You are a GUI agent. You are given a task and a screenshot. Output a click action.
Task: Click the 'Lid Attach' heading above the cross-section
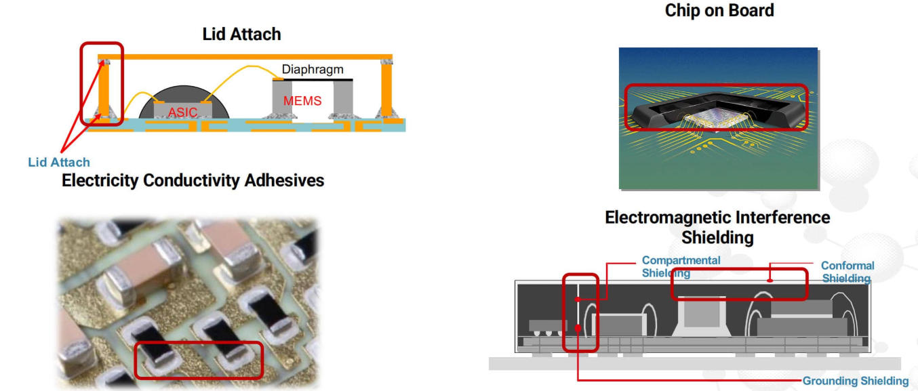(241, 34)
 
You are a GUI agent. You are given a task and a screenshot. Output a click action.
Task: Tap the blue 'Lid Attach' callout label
(59, 162)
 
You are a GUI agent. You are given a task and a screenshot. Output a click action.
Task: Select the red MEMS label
(302, 101)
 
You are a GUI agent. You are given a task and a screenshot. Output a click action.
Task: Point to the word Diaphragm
(313, 69)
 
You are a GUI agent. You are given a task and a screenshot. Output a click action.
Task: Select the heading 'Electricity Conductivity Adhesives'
(193, 181)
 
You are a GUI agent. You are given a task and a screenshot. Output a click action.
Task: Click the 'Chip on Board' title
(719, 11)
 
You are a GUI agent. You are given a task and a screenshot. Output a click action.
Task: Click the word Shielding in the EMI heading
(717, 238)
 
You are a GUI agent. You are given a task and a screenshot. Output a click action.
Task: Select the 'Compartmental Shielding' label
(681, 266)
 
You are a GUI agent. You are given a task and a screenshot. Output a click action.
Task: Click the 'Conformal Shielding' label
(847, 272)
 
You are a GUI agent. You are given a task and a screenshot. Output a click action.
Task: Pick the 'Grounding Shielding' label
(856, 381)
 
